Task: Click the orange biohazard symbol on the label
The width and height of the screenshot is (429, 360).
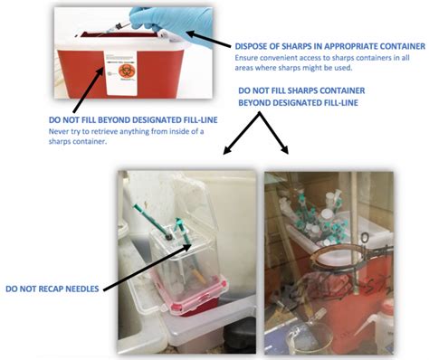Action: click(x=124, y=70)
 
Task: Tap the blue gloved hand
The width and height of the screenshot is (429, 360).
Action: click(x=172, y=21)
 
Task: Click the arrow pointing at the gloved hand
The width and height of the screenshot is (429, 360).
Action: click(x=209, y=39)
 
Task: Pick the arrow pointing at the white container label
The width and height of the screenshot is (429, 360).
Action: click(x=89, y=90)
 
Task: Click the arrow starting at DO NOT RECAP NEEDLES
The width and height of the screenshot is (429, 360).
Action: click(x=148, y=268)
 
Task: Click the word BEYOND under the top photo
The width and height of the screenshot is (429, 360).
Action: click(x=115, y=120)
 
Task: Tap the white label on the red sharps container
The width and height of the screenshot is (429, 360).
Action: click(x=120, y=73)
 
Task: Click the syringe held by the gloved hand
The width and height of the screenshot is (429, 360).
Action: click(x=115, y=29)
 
